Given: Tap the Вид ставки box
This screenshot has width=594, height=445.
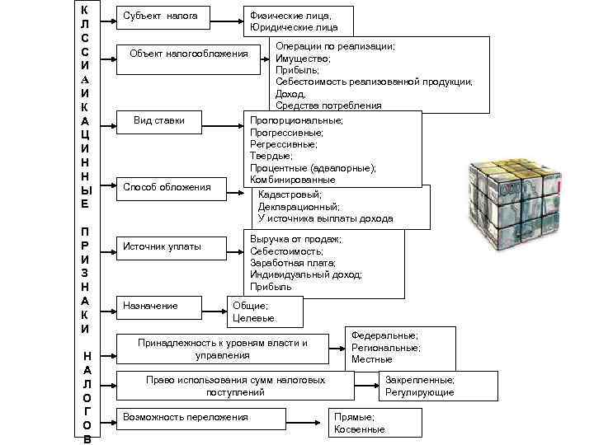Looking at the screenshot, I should point(158,122).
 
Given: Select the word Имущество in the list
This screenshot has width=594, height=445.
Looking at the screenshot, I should point(303,59).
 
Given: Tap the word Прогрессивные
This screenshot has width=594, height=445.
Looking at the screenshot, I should point(286,133).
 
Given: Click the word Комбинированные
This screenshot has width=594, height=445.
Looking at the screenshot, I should point(293,179).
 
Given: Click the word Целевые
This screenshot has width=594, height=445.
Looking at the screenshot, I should point(254,318).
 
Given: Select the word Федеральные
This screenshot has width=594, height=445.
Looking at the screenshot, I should point(384,336).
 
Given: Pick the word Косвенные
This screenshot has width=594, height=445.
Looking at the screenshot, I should point(360,429).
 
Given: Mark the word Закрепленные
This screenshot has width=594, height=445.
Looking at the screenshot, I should point(420,380).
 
